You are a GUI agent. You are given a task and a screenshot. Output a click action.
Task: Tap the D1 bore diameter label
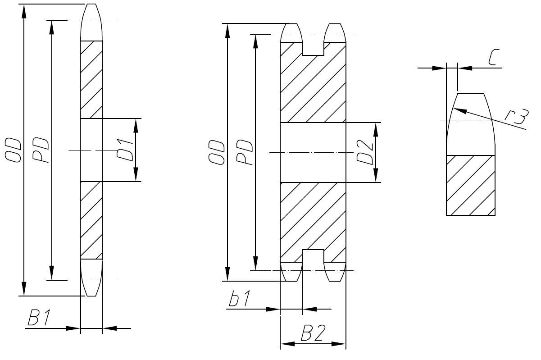125,150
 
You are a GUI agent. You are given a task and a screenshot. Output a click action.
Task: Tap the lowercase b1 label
239,300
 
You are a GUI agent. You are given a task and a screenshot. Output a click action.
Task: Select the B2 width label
313,335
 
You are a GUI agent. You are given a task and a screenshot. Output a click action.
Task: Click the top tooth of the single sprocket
91,23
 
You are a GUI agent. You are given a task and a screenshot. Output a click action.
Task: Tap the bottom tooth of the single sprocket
91,278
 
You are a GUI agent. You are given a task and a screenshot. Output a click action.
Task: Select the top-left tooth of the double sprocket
291,32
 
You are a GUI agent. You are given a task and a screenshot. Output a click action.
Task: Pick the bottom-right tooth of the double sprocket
335,271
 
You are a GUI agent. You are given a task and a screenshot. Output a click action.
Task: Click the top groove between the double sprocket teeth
313,47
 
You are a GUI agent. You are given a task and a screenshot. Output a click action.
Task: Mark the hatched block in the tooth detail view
470,185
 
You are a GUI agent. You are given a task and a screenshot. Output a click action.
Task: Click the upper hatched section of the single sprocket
91,79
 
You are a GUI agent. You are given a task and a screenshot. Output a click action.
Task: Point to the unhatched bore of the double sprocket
313,152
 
